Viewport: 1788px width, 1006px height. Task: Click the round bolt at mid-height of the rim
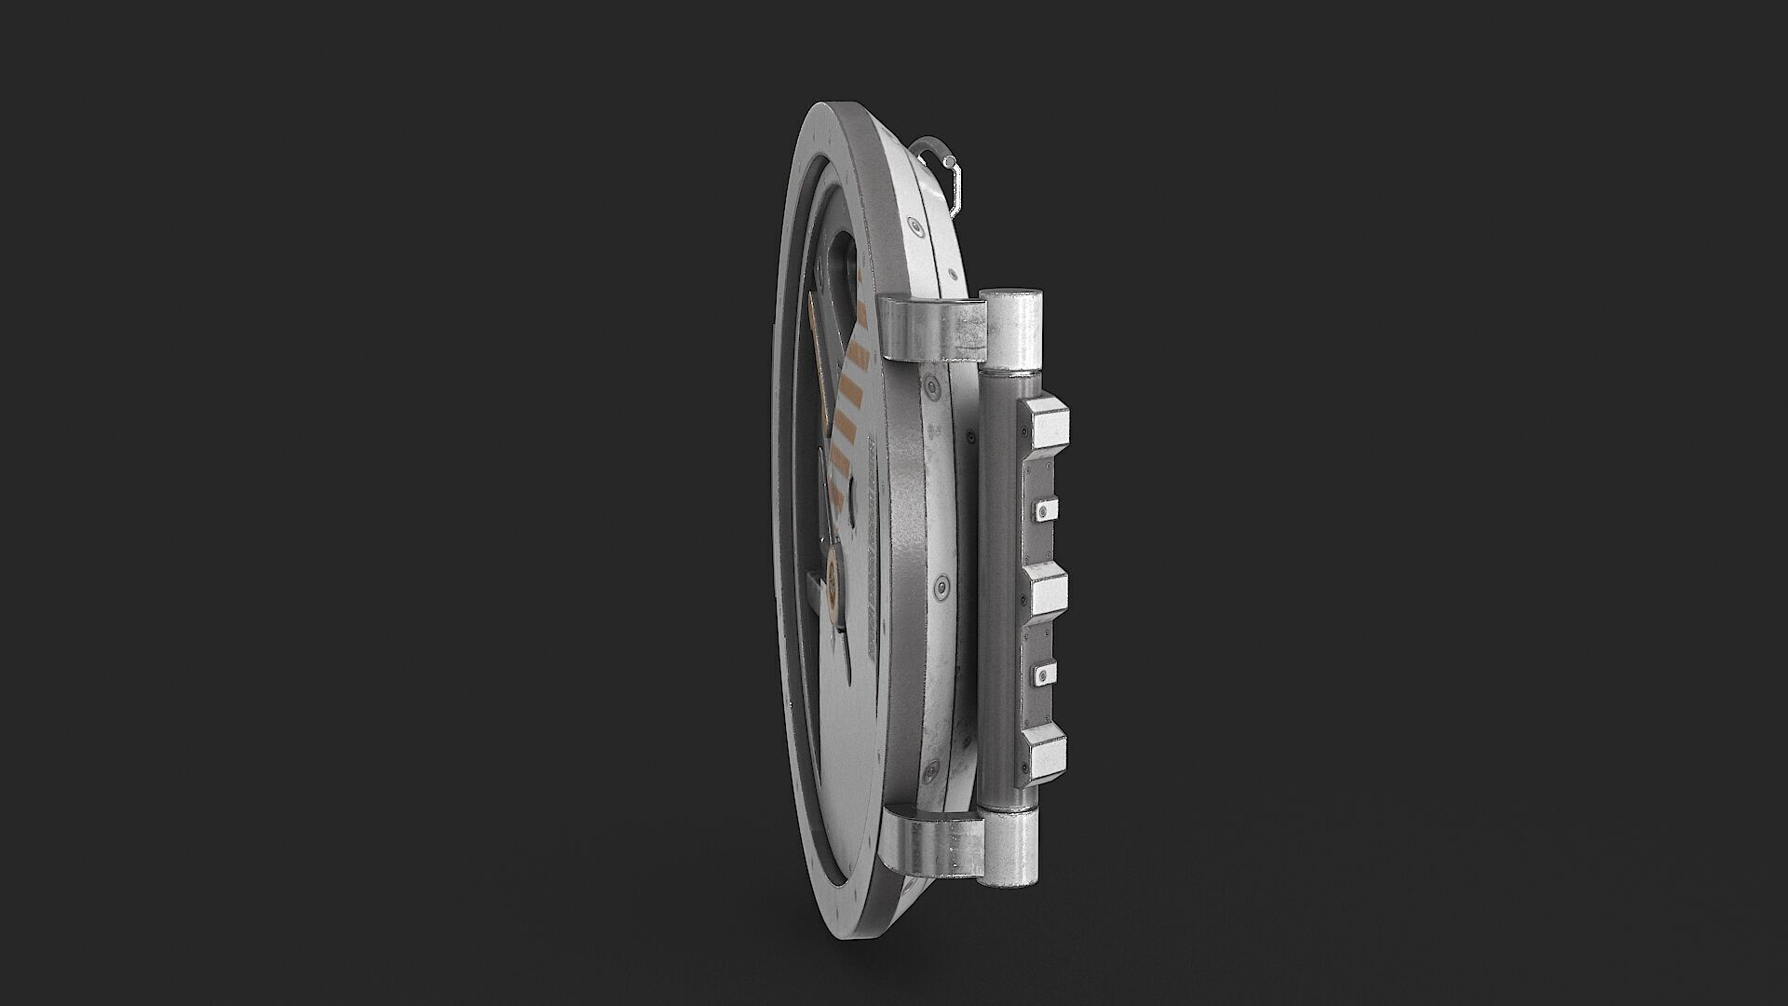pyautogui.click(x=941, y=588)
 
